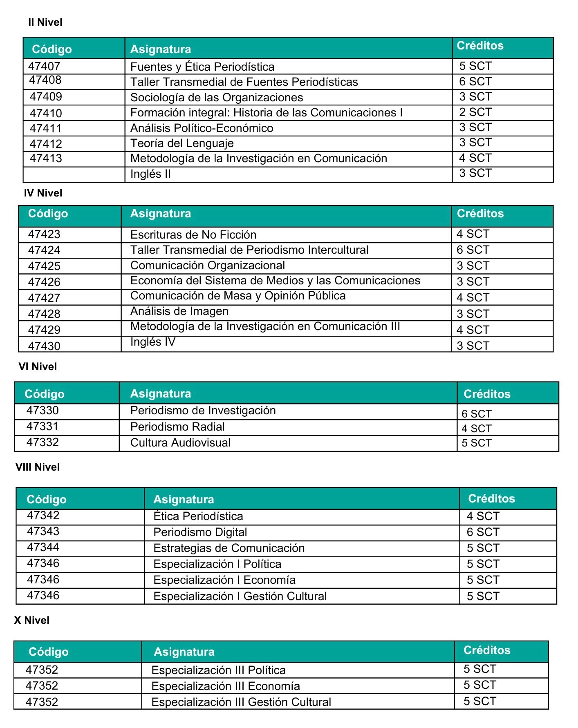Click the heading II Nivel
point(45,22)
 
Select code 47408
point(45,80)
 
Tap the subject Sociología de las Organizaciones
point(217,97)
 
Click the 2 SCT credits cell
point(475,112)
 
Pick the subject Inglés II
point(150,174)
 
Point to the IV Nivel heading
point(43,193)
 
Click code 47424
point(44,250)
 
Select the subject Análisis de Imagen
point(179,311)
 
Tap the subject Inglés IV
point(153,342)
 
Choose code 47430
point(44,346)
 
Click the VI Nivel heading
point(38,366)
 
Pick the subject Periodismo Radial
point(177,427)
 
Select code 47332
point(43,442)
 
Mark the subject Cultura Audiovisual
point(180,443)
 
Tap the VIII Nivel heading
point(38,467)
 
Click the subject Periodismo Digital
point(200,532)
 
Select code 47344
point(43,547)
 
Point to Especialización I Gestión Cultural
point(240,596)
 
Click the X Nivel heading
point(32,620)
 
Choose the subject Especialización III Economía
point(226,686)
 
